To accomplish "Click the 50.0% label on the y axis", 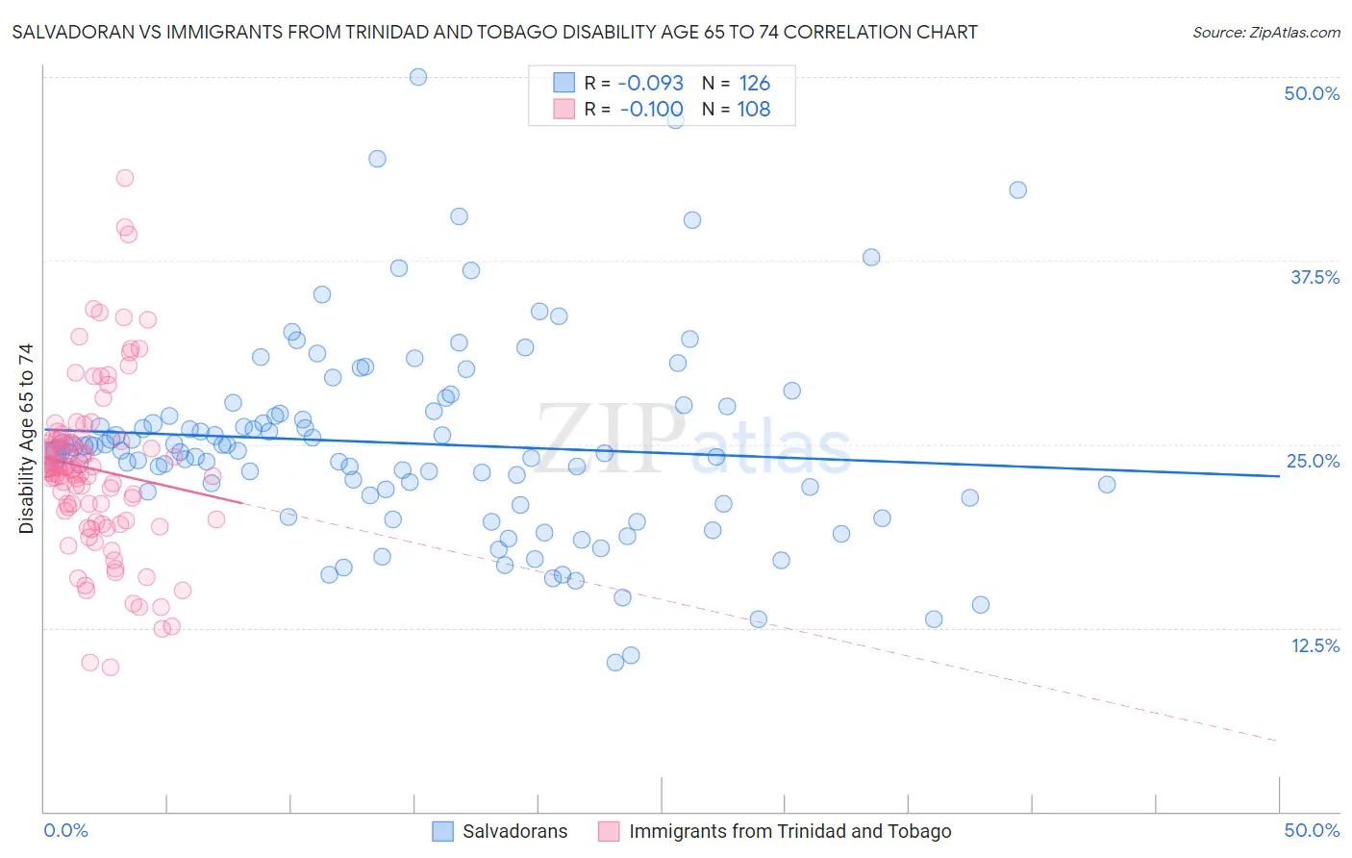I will pyautogui.click(x=1312, y=93).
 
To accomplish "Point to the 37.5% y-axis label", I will pyautogui.click(x=1314, y=277).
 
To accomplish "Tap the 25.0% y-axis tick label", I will pyautogui.click(x=1313, y=461).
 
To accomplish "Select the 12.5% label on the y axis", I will pyautogui.click(x=1314, y=645).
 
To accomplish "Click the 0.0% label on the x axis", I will pyautogui.click(x=65, y=830).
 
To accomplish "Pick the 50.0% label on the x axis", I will pyautogui.click(x=1312, y=830).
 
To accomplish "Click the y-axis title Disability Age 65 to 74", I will pyautogui.click(x=26, y=439).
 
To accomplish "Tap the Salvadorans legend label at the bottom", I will pyautogui.click(x=514, y=831).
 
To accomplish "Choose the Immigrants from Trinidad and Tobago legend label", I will pyautogui.click(x=789, y=831).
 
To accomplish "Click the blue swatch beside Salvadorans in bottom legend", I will pyautogui.click(x=442, y=831).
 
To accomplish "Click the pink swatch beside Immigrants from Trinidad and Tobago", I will pyautogui.click(x=609, y=831).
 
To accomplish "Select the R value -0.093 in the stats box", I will pyautogui.click(x=650, y=83).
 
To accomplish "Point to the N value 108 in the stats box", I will pyautogui.click(x=754, y=109).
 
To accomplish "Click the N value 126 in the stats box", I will pyautogui.click(x=754, y=83).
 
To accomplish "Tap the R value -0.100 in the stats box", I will pyautogui.click(x=650, y=109).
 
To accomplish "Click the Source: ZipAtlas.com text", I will pyautogui.click(x=1265, y=32).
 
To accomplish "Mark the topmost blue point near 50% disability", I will pyautogui.click(x=418, y=77).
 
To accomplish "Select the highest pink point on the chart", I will pyautogui.click(x=125, y=178).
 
